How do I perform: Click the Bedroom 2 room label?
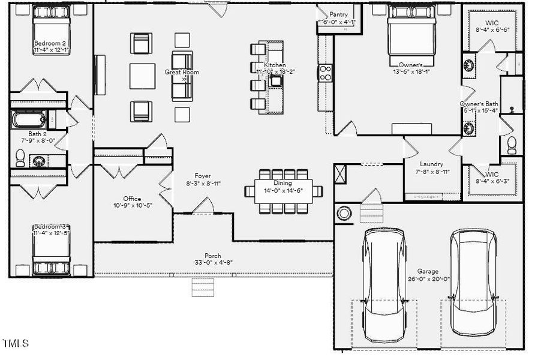coord(50,43)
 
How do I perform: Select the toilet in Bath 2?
coord(20,158)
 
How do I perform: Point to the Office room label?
coord(132,199)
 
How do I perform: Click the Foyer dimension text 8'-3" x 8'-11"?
coord(199,184)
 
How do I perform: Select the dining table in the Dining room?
coord(283,191)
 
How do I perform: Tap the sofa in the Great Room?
coord(182,76)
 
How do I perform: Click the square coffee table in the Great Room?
coord(143,76)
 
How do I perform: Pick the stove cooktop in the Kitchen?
coord(326,73)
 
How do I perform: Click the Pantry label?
coord(338,14)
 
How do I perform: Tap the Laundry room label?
coord(431,164)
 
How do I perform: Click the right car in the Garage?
coord(473,282)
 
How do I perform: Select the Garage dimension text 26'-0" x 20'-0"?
coord(428,279)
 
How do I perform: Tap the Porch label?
coord(213,256)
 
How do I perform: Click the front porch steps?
coord(202,287)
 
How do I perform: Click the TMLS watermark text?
coord(16,344)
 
